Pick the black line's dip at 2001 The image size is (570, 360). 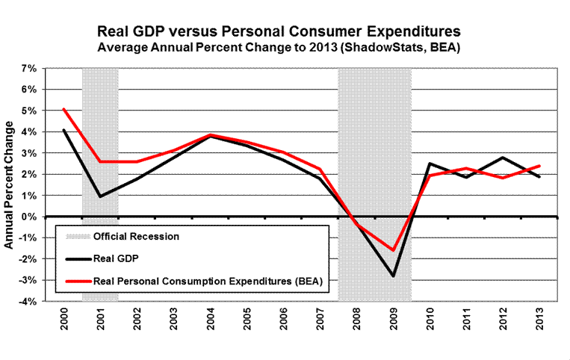(x=100, y=196)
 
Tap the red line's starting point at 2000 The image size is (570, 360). (x=64, y=109)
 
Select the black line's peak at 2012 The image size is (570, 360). (x=502, y=158)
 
